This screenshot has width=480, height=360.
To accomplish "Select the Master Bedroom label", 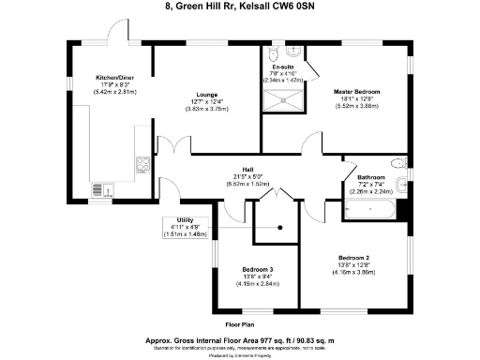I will point(356,91).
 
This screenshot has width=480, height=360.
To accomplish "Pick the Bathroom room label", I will point(371,176).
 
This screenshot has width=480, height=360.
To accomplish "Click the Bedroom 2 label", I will point(354,256).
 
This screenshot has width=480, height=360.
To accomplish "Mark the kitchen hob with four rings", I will point(142,166).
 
